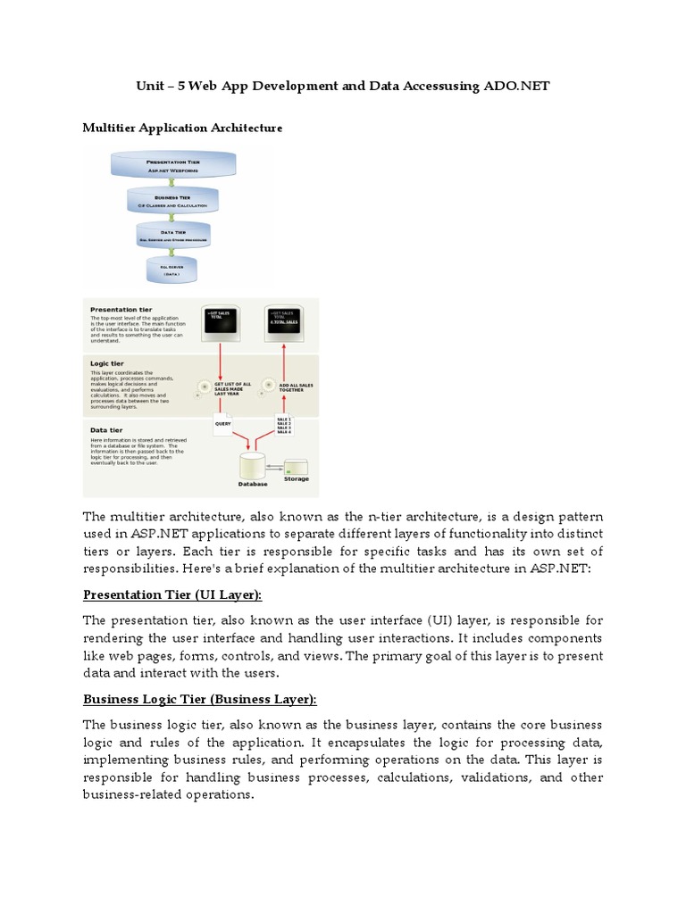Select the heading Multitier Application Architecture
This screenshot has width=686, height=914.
click(x=182, y=128)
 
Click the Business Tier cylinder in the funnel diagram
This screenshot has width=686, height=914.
click(x=172, y=201)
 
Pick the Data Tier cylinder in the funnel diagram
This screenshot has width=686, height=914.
click(x=172, y=237)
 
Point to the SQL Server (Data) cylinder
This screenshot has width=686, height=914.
click(x=171, y=270)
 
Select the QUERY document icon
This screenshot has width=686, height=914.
click(x=222, y=425)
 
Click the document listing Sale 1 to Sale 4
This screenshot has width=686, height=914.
click(x=283, y=423)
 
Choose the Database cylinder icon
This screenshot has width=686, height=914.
click(x=252, y=467)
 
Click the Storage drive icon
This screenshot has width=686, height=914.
click(x=296, y=466)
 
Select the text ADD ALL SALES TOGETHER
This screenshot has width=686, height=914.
click(x=297, y=386)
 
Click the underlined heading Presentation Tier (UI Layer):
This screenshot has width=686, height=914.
click(x=173, y=594)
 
